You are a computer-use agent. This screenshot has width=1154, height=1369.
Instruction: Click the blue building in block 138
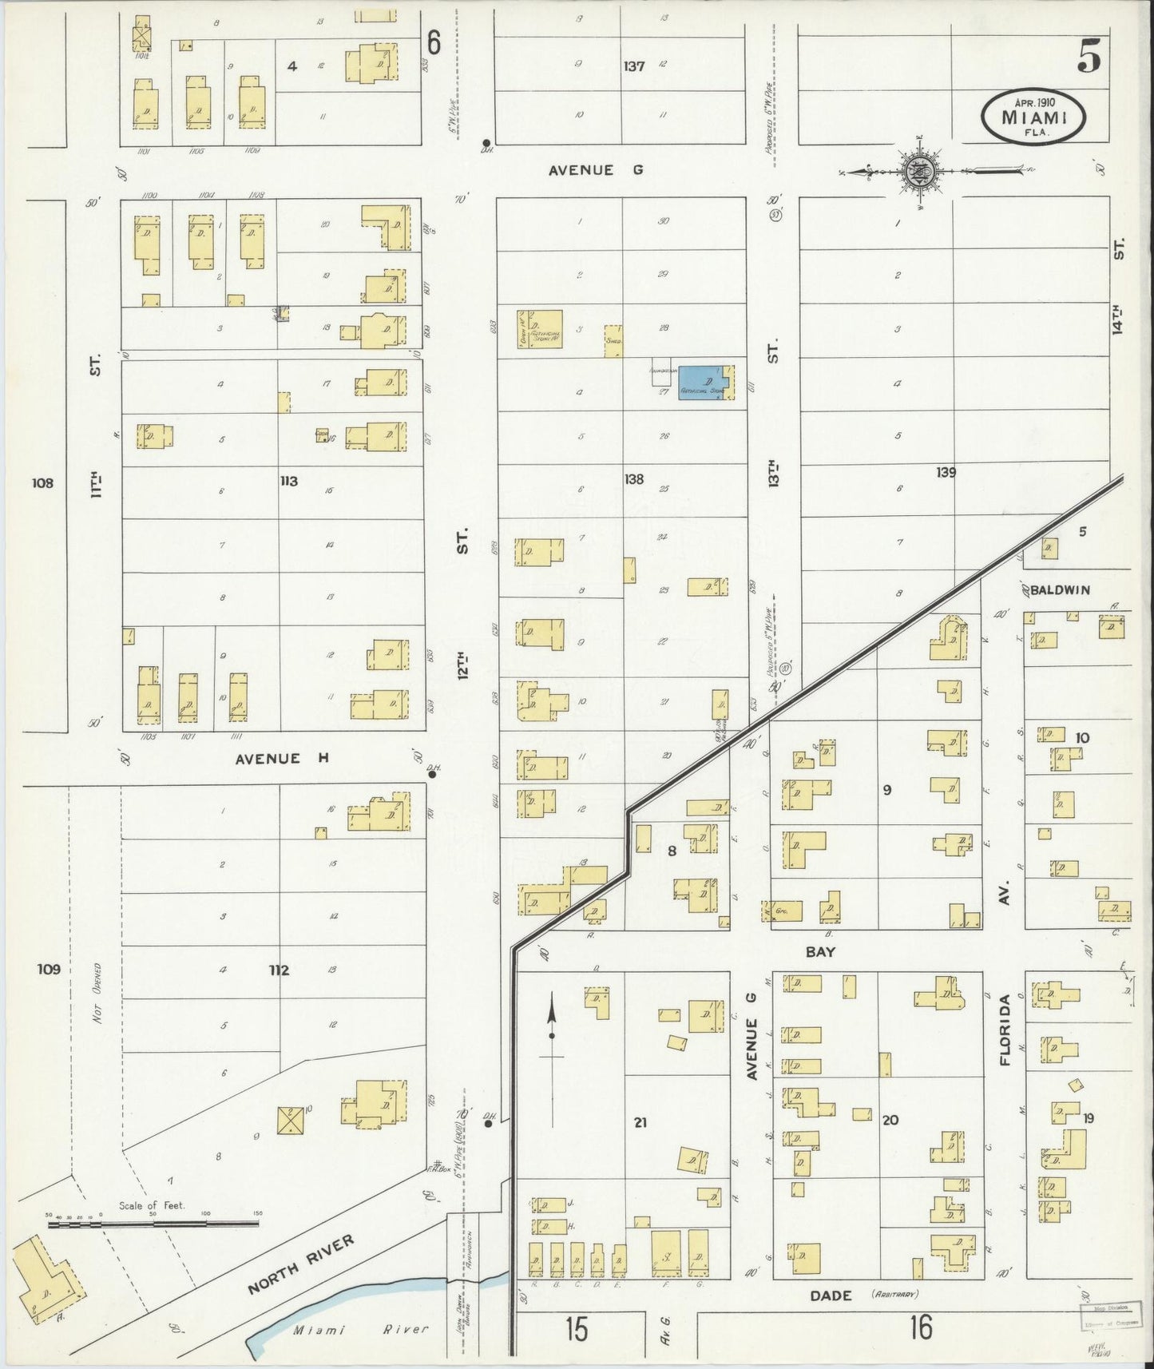click(x=705, y=383)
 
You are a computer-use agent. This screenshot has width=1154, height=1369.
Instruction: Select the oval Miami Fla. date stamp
click(x=1034, y=117)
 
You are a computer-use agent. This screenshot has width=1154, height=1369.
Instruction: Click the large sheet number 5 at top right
click(x=1089, y=57)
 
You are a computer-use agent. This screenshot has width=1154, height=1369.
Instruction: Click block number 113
click(x=288, y=481)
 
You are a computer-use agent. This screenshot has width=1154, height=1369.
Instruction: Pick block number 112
click(x=278, y=970)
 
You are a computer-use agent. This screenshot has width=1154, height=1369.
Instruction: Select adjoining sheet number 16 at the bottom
click(x=920, y=1328)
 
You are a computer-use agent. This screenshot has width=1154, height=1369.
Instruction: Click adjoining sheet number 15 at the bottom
click(x=576, y=1329)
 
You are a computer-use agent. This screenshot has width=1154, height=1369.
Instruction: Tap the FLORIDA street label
click(x=1005, y=1030)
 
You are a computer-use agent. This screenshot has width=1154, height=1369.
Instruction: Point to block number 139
click(x=946, y=473)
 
